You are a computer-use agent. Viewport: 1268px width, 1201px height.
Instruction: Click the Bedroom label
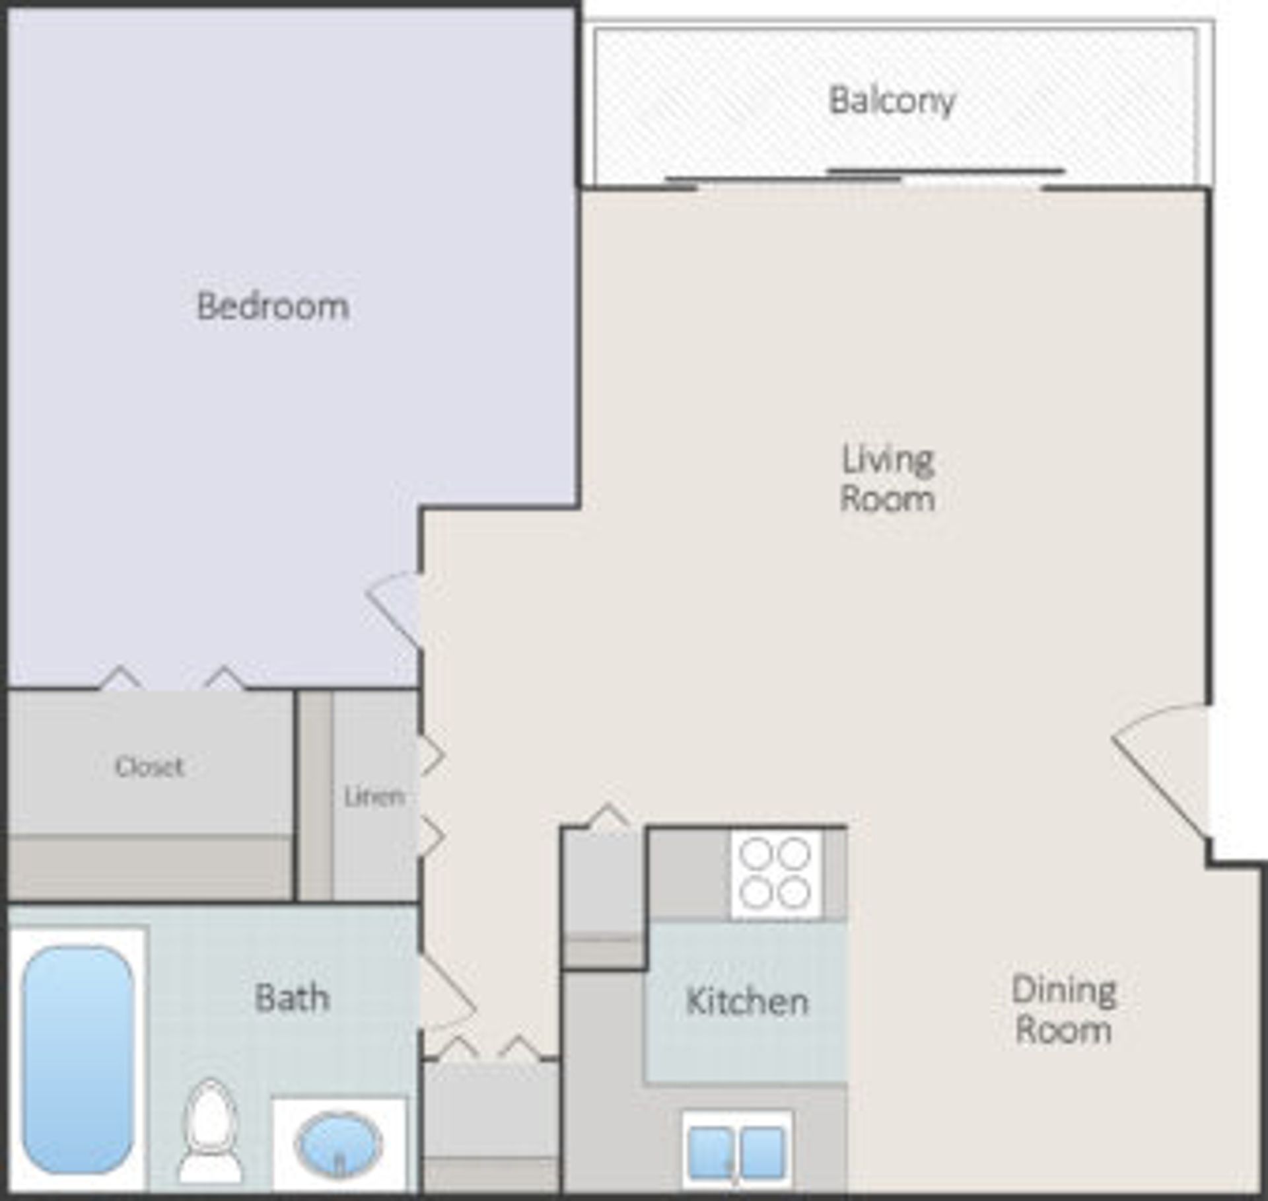[273, 307]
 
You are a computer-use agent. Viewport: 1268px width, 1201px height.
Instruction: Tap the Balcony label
[892, 101]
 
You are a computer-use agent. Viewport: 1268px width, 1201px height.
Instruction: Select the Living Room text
[888, 479]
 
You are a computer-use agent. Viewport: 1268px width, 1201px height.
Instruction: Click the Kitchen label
[747, 1001]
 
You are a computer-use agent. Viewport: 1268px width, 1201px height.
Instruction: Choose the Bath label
[292, 998]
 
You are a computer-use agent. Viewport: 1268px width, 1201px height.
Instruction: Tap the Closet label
[149, 766]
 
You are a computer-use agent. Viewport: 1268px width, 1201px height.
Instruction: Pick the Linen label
[374, 797]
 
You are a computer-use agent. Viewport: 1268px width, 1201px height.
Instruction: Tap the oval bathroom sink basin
[339, 1144]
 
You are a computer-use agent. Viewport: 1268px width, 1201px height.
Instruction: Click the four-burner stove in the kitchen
[775, 873]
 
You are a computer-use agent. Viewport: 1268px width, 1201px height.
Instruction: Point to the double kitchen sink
[736, 1153]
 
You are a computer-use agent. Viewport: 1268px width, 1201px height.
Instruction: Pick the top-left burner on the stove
[756, 854]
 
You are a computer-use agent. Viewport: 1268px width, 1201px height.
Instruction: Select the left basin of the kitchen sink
[711, 1153]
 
